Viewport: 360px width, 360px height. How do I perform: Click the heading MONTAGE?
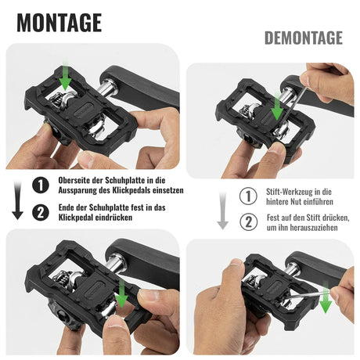coord(59,22)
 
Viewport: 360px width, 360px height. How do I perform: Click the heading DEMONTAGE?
coord(303,38)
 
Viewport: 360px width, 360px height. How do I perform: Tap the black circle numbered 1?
coord(39,185)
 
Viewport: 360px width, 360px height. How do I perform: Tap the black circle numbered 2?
coord(39,212)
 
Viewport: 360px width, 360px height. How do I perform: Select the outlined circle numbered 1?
coord(247,196)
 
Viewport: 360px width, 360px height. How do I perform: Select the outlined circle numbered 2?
coord(247,221)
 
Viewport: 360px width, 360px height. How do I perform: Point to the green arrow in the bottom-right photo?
coord(325,300)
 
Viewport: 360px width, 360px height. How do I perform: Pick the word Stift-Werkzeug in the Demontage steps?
coord(289,191)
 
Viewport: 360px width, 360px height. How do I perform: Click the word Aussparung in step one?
coord(81,190)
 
